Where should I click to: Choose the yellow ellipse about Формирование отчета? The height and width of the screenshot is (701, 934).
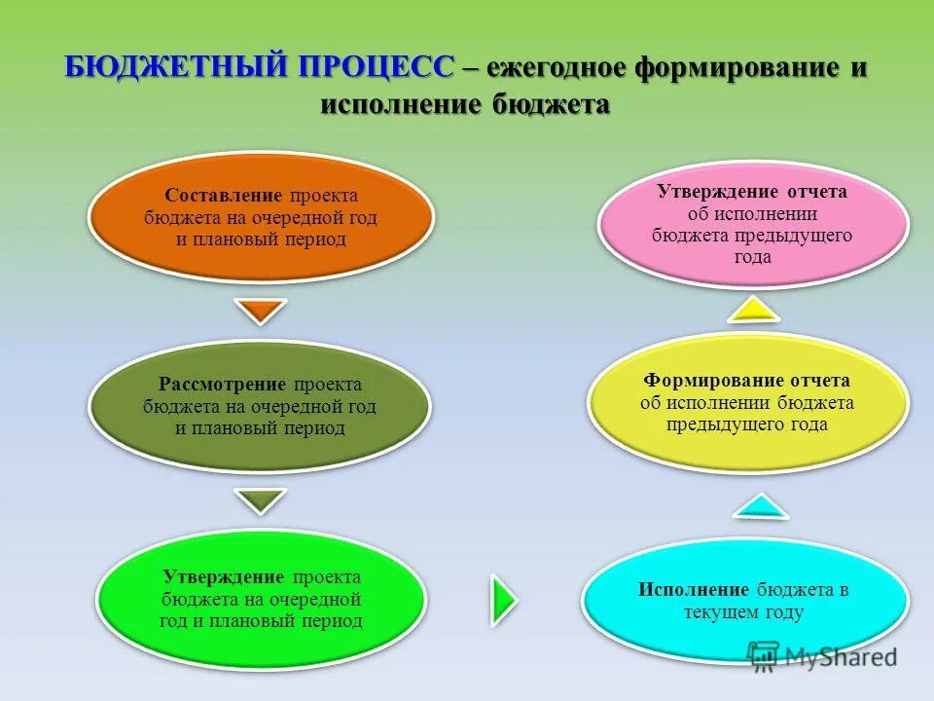[x=746, y=402]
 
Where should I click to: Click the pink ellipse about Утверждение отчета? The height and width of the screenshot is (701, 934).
[x=752, y=224]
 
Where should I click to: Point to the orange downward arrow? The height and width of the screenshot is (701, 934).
[x=262, y=311]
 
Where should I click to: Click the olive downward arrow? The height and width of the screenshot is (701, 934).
[x=262, y=500]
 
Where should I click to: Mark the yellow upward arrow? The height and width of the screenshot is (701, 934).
[x=753, y=309]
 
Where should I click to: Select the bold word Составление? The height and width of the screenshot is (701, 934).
[x=224, y=195]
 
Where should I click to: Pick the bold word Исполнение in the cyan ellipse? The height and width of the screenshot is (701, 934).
[x=694, y=590]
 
